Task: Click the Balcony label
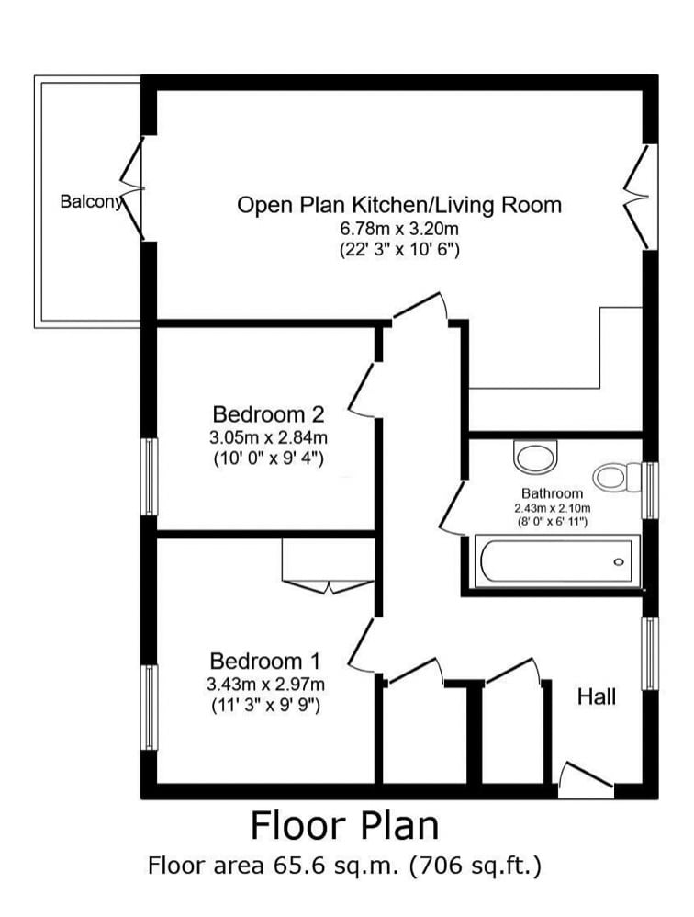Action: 91,202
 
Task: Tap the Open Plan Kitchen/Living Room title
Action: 399,205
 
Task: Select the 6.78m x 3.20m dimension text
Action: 399,230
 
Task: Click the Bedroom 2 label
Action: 268,414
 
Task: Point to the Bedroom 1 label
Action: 265,662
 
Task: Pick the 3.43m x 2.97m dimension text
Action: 266,685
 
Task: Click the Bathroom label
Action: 552,493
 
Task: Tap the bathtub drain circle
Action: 619,562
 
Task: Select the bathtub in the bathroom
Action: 557,560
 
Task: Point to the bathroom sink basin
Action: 537,456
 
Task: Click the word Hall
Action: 597,697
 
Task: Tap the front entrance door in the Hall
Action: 586,779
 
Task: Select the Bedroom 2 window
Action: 151,477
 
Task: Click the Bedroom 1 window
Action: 151,708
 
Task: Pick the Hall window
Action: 650,653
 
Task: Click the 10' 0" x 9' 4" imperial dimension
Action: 269,459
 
